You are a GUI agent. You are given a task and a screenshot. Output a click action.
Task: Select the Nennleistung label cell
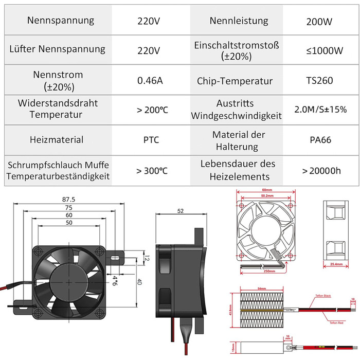click(x=239, y=21)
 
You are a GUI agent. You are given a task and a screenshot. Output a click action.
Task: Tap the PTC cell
click(x=149, y=139)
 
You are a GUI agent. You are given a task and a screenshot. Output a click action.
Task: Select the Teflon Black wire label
click(x=322, y=296)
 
